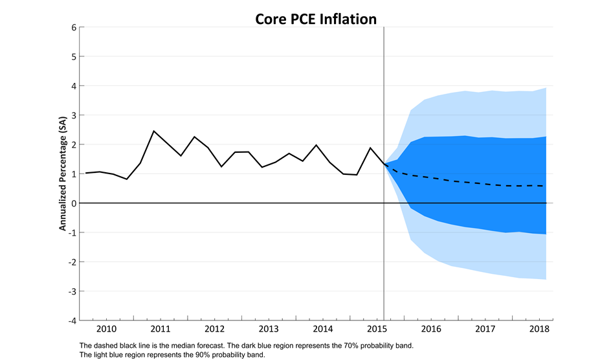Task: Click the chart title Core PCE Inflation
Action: click(306, 19)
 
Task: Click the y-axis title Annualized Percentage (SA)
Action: click(63, 174)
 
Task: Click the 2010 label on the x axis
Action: click(106, 329)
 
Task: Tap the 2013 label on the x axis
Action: click(269, 329)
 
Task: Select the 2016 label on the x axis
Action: click(431, 329)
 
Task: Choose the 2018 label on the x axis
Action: click(539, 329)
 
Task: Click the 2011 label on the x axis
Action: click(161, 329)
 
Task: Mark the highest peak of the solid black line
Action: click(153, 131)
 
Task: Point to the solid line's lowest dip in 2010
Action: click(127, 179)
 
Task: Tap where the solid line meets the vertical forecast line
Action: click(384, 164)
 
